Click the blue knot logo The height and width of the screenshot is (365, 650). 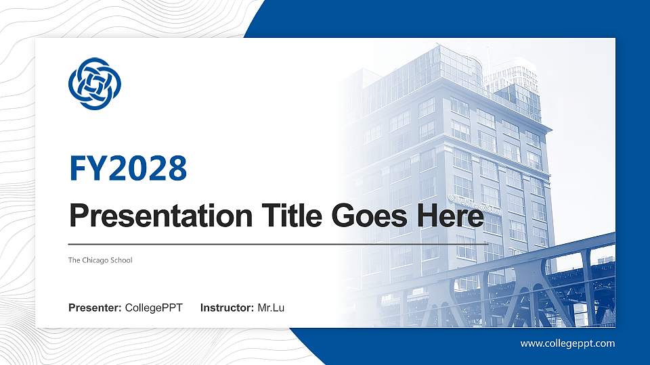pos(94,83)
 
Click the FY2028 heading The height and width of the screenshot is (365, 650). pos(128,168)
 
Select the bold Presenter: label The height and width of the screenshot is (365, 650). pos(95,308)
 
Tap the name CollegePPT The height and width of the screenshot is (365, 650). pos(154,308)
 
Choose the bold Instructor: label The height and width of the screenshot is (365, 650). pos(227,308)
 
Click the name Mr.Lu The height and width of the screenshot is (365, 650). pos(271,308)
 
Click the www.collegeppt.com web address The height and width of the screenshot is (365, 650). pos(567,343)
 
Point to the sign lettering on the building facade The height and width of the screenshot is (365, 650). pos(474,203)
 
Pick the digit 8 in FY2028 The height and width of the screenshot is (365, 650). pos(177,168)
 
